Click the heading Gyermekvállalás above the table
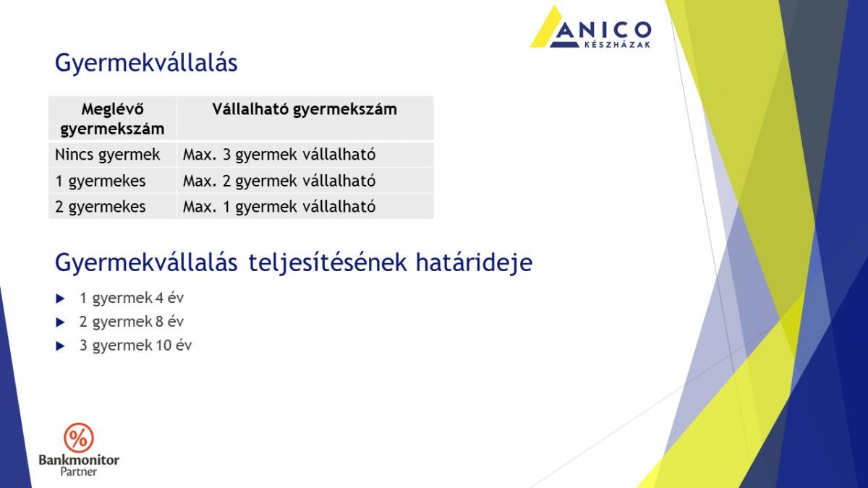146,63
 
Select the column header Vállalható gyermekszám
305,110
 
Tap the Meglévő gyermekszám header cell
112,119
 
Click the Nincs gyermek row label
107,155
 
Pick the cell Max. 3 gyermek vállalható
279,155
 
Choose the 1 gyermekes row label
101,181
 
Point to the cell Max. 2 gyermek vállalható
279,181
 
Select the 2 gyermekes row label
101,207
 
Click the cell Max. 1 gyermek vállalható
279,207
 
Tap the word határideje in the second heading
474,263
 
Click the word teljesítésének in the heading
328,263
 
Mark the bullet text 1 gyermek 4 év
132,298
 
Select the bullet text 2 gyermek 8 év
132,322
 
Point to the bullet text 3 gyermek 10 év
136,346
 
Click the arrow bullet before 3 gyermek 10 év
61,346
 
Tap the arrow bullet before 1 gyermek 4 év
61,299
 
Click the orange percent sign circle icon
79,438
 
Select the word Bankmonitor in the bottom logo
79,460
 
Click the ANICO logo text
601,30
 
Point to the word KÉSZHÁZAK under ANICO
617,45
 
